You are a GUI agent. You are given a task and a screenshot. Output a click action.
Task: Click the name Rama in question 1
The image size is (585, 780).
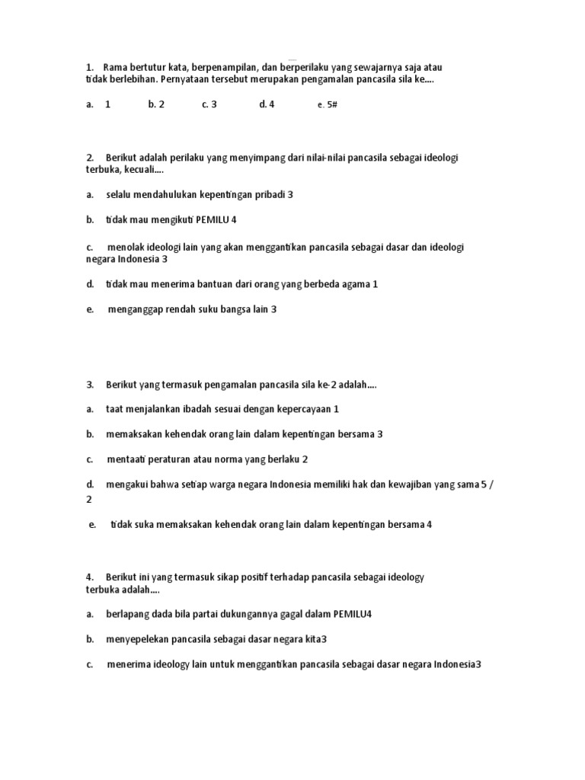117,67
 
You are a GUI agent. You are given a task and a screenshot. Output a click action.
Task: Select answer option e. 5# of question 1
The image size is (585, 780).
327,105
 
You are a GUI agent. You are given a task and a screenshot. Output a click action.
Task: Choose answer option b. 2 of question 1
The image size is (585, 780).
156,104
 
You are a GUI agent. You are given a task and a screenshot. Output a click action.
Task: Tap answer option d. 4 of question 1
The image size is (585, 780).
267,104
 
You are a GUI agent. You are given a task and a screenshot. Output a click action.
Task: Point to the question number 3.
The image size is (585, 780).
90,385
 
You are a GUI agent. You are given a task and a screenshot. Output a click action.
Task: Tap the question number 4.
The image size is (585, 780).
90,577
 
